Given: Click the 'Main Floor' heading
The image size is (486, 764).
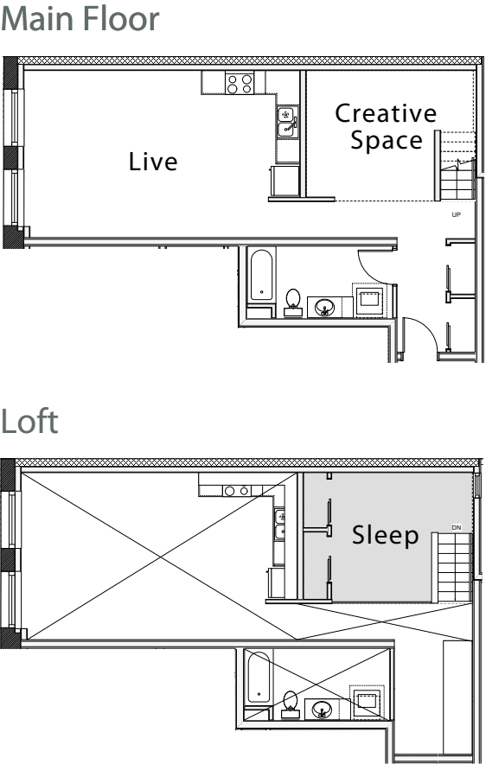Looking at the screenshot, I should tap(80, 21).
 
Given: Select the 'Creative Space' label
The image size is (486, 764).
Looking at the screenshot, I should tap(386, 126).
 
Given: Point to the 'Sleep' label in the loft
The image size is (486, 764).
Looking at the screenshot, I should tap(385, 536).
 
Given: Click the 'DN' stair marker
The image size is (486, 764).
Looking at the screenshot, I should tap(457, 526).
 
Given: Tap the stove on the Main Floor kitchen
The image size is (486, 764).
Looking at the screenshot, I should tap(240, 83).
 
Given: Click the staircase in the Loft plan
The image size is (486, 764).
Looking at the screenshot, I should tap(453, 566).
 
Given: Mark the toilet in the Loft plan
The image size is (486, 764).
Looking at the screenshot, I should tap(291, 704).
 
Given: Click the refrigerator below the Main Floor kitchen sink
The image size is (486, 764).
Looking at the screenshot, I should tap(285, 181).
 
